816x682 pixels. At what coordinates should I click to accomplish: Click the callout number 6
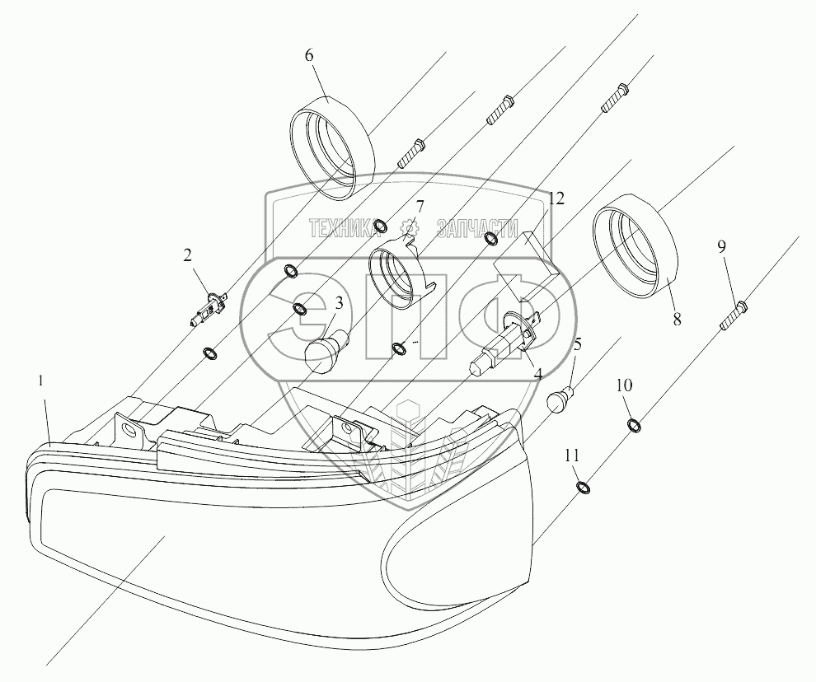click(309, 56)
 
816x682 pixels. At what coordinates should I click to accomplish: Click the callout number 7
click(420, 205)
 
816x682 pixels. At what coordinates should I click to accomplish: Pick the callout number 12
click(557, 199)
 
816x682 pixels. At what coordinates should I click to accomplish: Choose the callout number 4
click(537, 372)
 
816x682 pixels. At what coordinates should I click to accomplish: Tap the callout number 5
click(578, 343)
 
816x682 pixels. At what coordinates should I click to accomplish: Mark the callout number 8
click(677, 320)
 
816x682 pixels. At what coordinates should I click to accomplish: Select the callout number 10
click(624, 385)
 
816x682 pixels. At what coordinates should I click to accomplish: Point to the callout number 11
click(572, 455)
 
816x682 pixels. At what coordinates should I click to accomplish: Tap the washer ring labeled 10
click(635, 425)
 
